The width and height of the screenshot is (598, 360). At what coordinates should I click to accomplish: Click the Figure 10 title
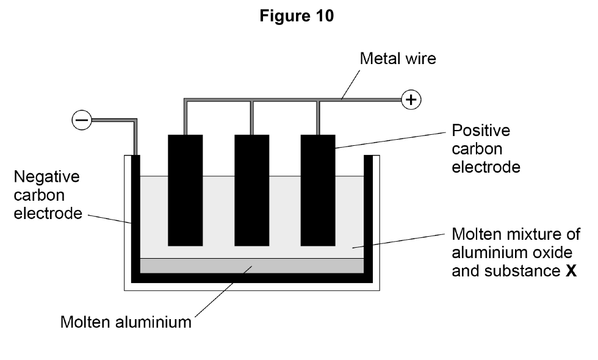[297, 16]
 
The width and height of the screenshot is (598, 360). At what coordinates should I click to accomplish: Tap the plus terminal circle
[411, 100]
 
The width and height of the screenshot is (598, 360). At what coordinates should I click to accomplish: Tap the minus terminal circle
[82, 120]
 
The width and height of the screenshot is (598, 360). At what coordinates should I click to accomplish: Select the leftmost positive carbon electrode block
[186, 190]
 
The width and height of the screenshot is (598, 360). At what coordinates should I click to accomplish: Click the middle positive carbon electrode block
[251, 190]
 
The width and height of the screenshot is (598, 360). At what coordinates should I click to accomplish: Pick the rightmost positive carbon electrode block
[318, 190]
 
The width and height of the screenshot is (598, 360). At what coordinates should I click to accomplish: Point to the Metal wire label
[398, 59]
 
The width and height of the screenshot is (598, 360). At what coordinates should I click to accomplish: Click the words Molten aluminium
[126, 322]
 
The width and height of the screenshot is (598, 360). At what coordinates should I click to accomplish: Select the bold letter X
[571, 271]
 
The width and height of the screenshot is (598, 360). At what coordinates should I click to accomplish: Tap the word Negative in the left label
[46, 177]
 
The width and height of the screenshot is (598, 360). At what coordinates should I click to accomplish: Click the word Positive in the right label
[481, 131]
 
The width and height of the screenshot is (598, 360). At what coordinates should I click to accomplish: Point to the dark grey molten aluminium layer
[251, 266]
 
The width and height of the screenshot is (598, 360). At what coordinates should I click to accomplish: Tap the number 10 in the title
[325, 16]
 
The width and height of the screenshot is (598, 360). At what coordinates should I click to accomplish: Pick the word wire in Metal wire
[422, 59]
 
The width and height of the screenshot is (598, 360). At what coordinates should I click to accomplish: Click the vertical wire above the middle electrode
[251, 118]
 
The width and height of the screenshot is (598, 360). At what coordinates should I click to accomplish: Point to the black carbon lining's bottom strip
[251, 278]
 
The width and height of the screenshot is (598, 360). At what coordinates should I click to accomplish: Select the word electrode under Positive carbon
[486, 167]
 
